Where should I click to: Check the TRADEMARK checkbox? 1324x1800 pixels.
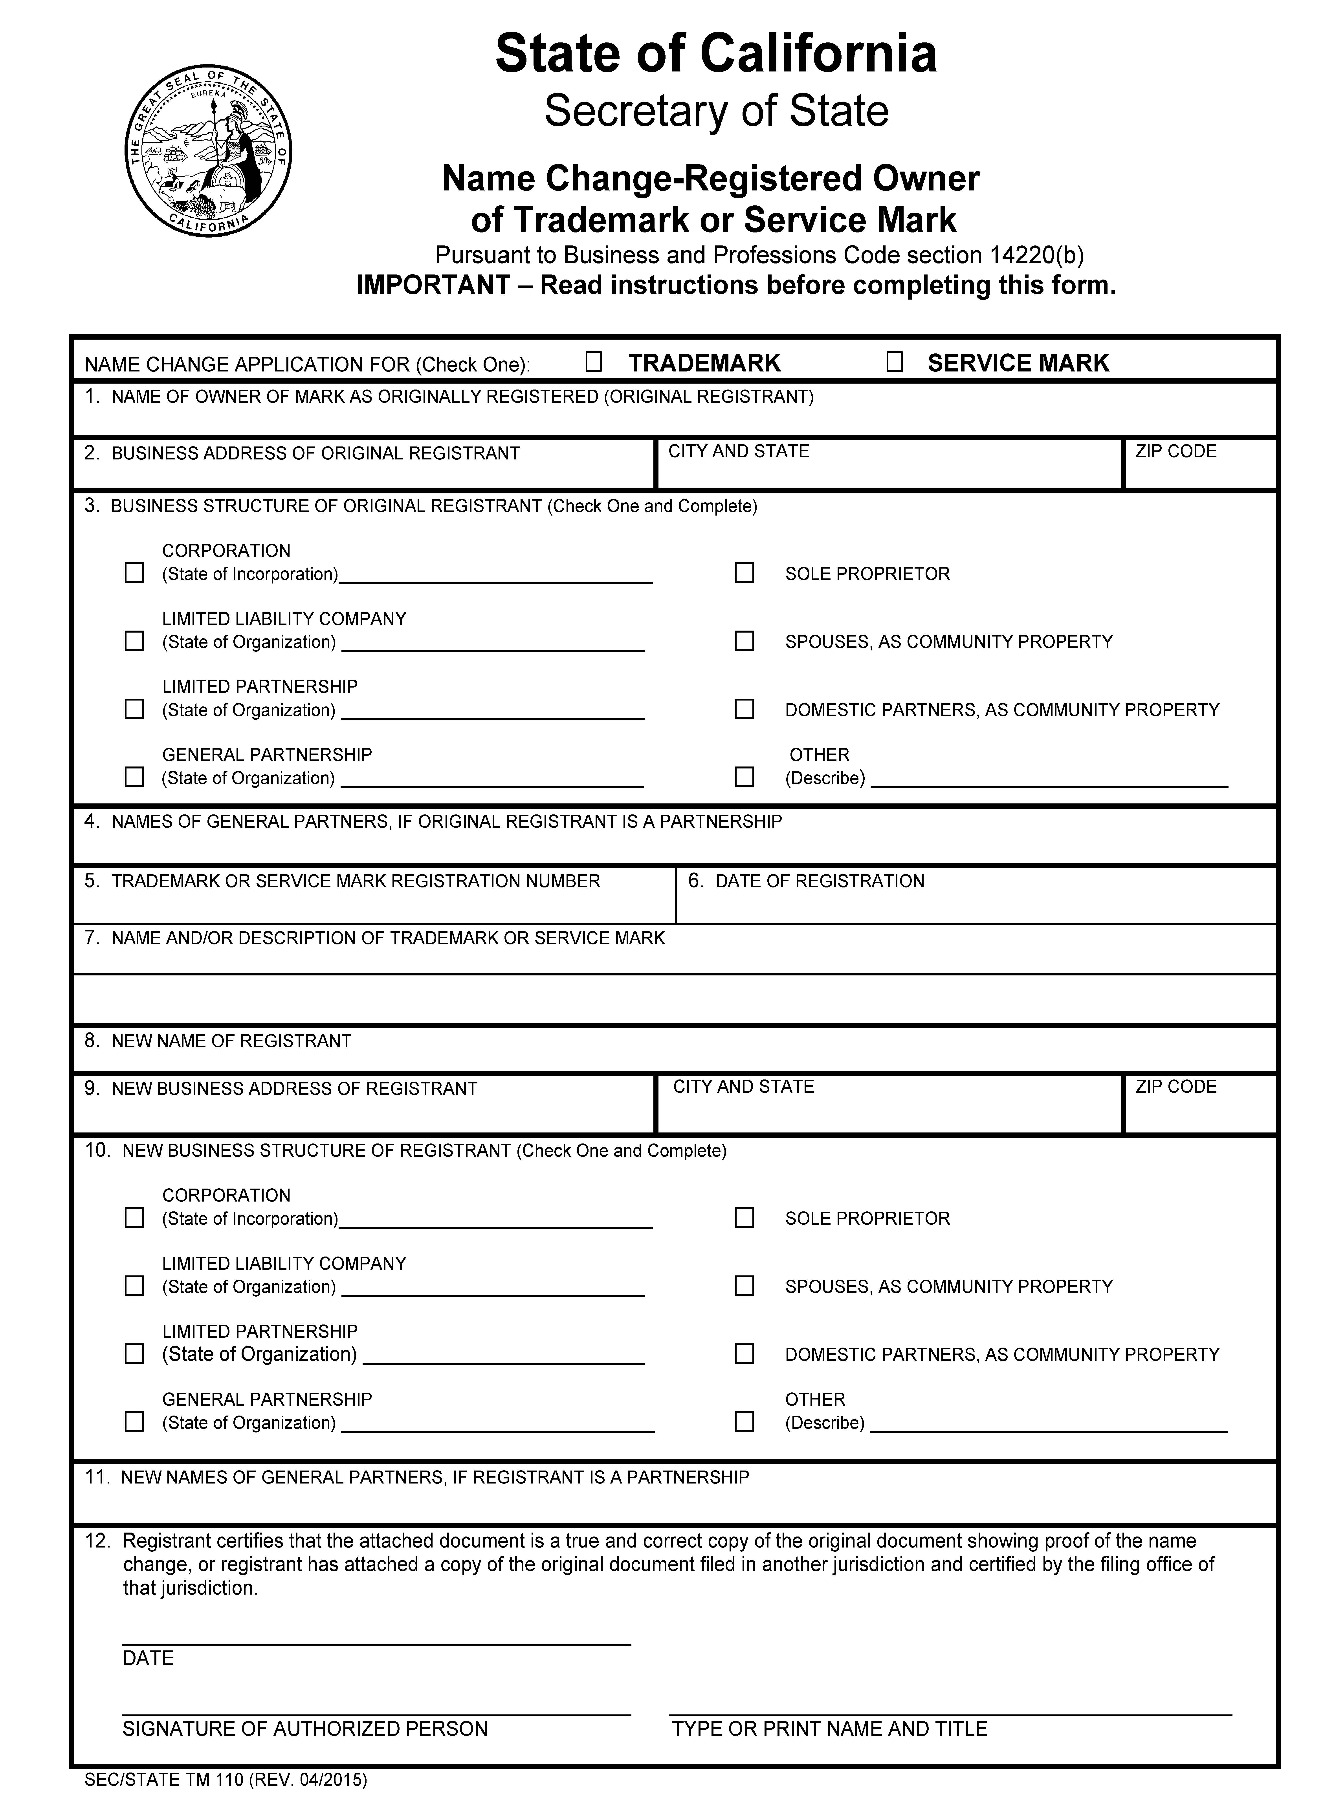593,363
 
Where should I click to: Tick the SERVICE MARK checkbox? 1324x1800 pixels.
894,363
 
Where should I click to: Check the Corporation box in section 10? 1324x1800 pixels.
135,1218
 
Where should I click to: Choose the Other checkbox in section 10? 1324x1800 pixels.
745,1421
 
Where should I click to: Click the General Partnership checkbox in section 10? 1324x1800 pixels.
135,1421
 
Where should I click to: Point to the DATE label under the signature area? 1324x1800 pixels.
148,1658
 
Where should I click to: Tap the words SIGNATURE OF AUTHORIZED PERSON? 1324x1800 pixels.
304,1729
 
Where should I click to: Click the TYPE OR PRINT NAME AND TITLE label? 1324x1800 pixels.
829,1729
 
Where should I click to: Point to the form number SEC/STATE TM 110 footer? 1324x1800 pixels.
225,1780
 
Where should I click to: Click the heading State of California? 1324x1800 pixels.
716,55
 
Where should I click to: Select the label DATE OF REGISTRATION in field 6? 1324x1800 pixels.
819,881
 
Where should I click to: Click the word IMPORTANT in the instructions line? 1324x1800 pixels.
433,285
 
